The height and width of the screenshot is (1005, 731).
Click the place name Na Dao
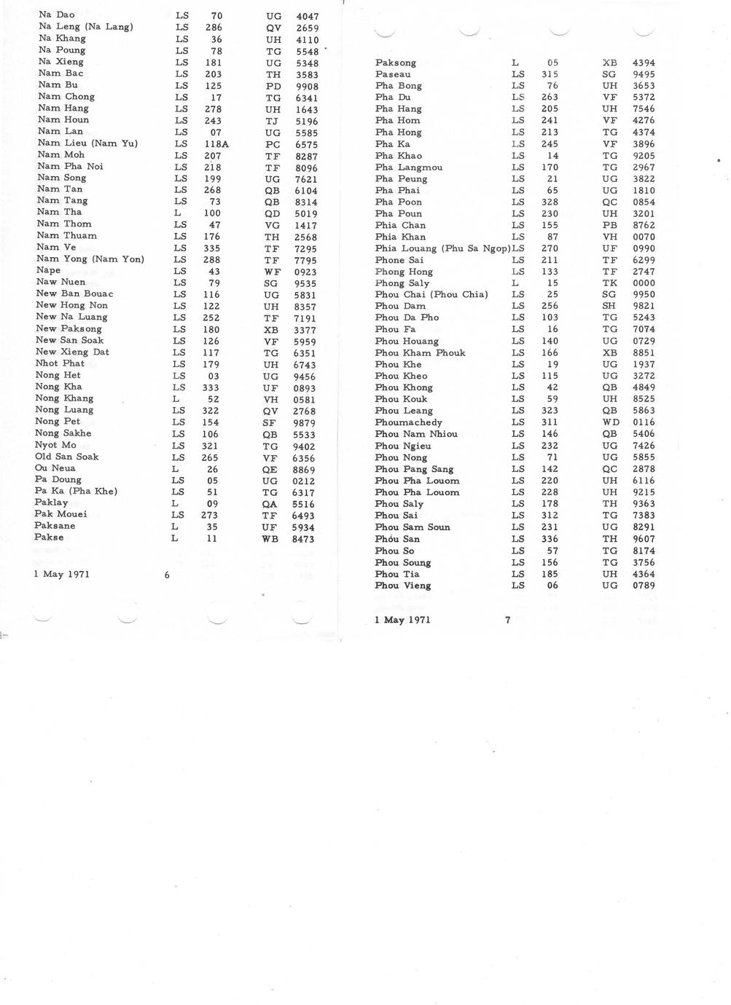pos(56,15)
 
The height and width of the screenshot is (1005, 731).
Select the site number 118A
pos(216,144)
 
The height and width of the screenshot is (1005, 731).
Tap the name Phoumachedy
pos(408,422)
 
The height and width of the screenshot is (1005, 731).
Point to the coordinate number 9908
pos(307,86)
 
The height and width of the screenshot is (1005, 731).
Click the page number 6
pos(167,575)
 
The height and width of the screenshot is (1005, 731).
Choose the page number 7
pos(508,620)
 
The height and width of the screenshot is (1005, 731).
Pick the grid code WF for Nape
pos(272,272)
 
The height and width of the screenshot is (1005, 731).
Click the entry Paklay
pos(51,502)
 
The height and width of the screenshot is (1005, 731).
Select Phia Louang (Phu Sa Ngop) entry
pos(442,248)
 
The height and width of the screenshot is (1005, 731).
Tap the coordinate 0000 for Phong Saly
pos(644,283)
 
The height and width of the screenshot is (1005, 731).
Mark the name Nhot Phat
pos(60,363)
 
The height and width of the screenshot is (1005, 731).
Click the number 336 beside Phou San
pos(549,539)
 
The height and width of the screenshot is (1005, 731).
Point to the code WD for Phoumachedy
pos(610,422)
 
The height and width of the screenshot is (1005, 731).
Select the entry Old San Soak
pos(66,457)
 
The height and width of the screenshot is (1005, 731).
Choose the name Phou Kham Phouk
pos(420,352)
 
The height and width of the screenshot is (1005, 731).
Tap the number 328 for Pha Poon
pos(549,202)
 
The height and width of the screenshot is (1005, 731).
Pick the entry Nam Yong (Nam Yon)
pos(90,259)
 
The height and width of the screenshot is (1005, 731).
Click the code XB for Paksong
pos(609,63)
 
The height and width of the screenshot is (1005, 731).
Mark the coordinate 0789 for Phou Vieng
pos(644,586)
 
